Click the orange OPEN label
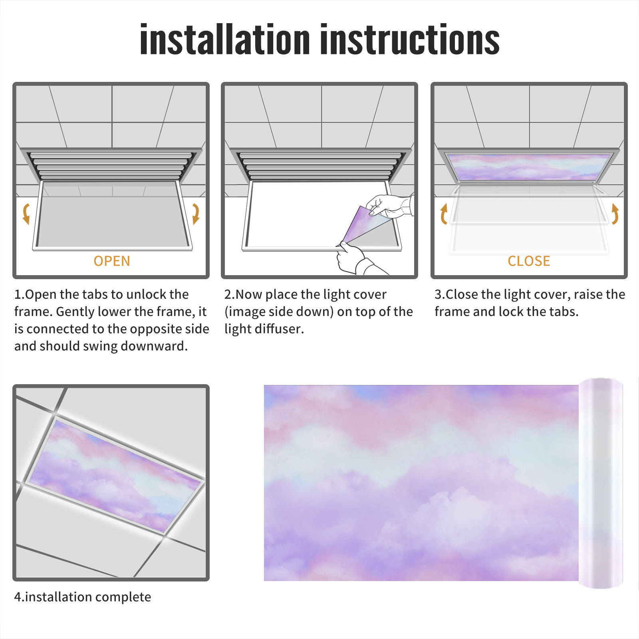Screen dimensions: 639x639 tap(112, 261)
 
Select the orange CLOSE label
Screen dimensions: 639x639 tap(529, 261)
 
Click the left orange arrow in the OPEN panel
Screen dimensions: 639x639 tap(26, 214)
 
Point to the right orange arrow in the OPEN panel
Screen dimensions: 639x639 tap(196, 214)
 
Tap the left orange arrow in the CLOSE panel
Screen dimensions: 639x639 tap(444, 214)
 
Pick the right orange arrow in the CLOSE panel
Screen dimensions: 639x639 tap(615, 214)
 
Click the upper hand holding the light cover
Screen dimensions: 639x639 tap(389, 206)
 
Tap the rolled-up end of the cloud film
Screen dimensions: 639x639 tap(601, 483)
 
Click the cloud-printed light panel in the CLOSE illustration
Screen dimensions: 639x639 tap(529, 167)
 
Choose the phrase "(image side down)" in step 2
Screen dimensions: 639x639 tap(279, 312)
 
